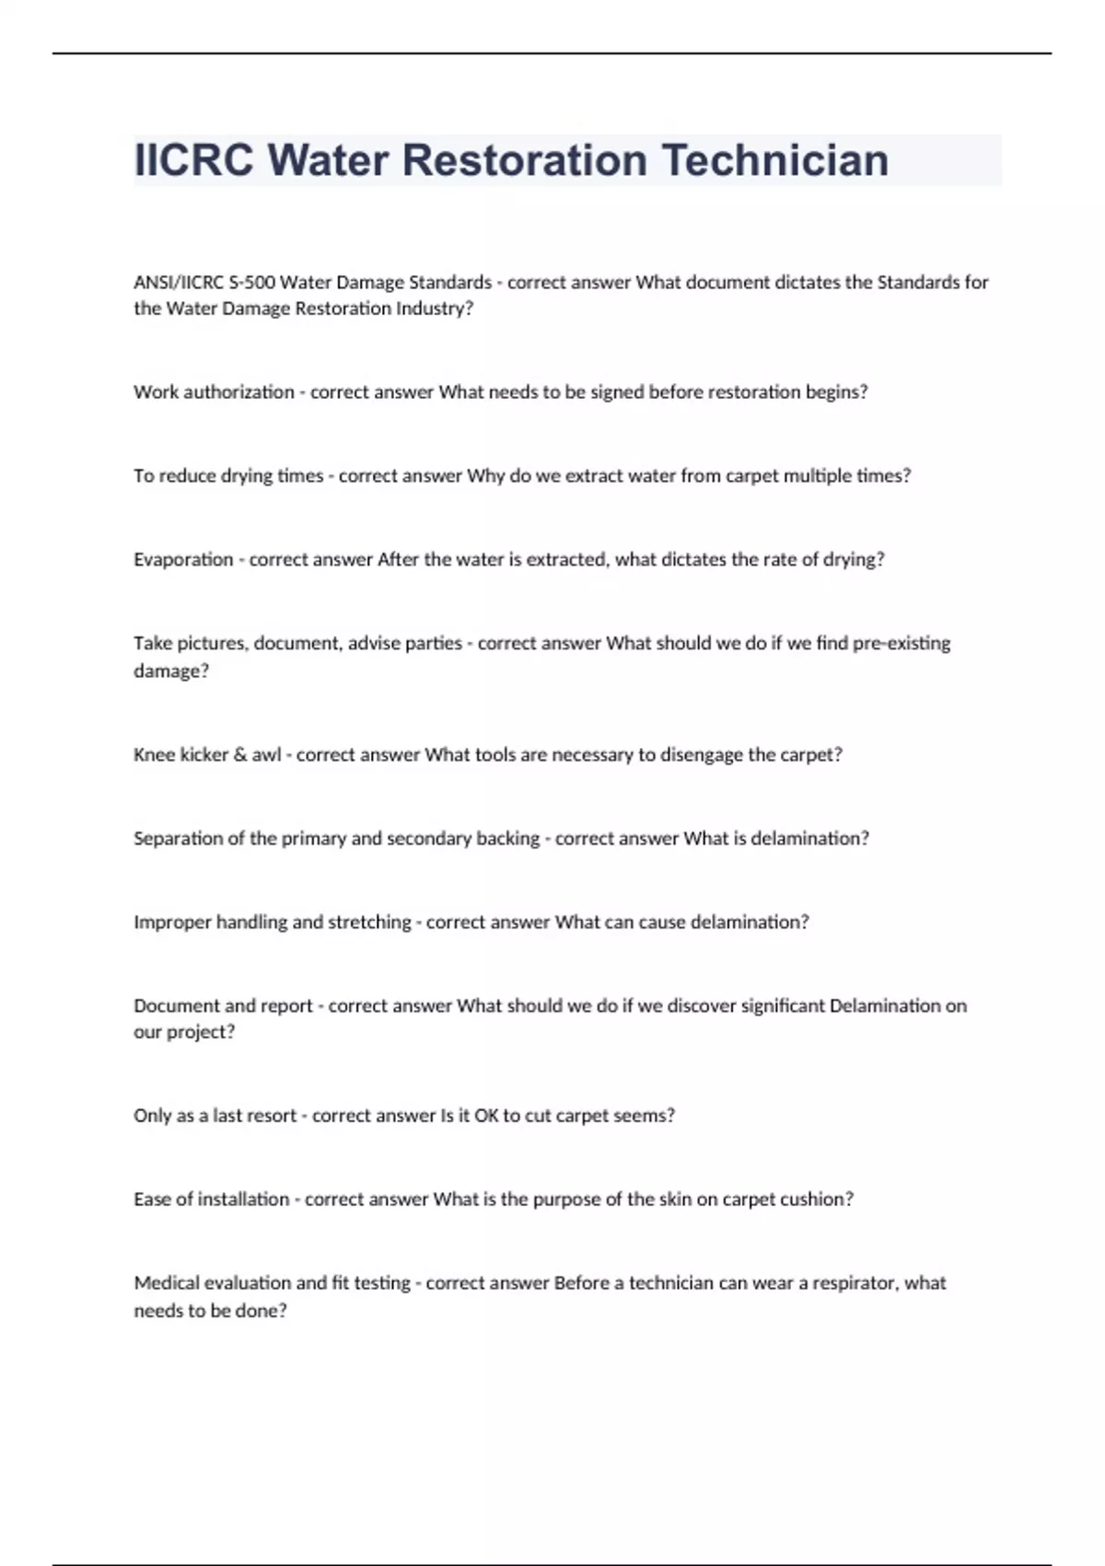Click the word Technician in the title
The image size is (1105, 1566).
(x=775, y=160)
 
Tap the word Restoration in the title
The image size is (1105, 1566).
(x=525, y=160)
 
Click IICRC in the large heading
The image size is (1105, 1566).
(x=193, y=160)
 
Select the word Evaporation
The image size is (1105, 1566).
(x=183, y=559)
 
